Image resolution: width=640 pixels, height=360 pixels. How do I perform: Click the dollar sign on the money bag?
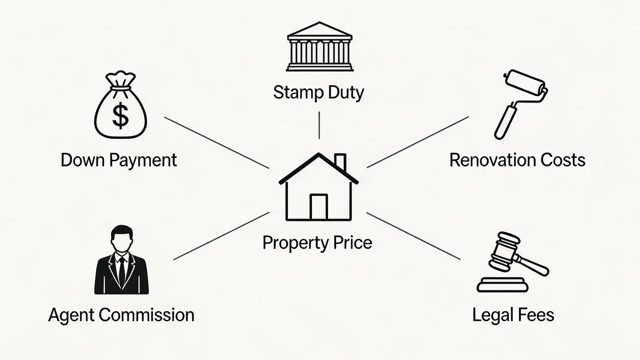[120, 115]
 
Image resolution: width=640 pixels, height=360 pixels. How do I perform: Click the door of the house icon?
[318, 207]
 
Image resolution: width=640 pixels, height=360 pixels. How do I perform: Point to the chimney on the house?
[340, 162]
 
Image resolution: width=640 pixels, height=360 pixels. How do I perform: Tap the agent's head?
[122, 239]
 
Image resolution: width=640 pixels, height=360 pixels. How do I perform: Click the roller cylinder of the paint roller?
[525, 83]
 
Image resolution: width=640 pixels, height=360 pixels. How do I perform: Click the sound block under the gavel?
[502, 285]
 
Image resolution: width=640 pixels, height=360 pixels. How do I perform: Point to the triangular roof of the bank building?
[320, 29]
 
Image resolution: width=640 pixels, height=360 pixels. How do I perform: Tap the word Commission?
[146, 315]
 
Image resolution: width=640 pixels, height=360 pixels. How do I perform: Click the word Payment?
[143, 161]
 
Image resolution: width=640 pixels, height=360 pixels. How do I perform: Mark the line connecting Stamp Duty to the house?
[319, 125]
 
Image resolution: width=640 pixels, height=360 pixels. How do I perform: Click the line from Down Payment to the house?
[217, 143]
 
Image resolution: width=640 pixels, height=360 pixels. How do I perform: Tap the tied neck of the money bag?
[120, 89]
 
